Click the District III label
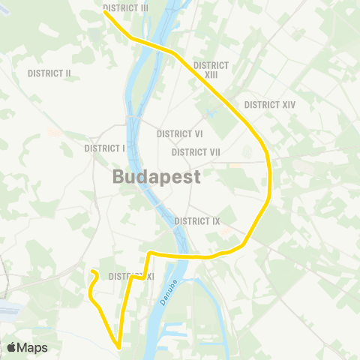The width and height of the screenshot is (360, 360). click(x=126, y=7)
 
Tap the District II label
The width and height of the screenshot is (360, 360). click(x=49, y=73)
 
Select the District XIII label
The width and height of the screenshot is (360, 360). click(x=211, y=70)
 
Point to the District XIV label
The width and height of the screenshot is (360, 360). click(x=270, y=105)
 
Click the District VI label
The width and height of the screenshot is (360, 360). click(x=180, y=134)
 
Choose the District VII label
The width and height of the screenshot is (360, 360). click(x=196, y=152)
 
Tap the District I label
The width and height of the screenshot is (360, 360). click(x=104, y=148)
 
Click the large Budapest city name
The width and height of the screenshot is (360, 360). click(x=157, y=178)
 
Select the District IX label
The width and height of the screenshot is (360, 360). click(x=197, y=221)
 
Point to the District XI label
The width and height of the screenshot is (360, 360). click(x=131, y=277)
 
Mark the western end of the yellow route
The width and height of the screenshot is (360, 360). click(x=91, y=271)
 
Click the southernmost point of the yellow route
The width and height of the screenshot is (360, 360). click(x=118, y=346)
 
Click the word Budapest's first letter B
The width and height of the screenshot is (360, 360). click(x=119, y=178)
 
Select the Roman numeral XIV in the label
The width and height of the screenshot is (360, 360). click(x=287, y=105)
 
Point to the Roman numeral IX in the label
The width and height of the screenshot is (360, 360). click(x=215, y=221)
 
